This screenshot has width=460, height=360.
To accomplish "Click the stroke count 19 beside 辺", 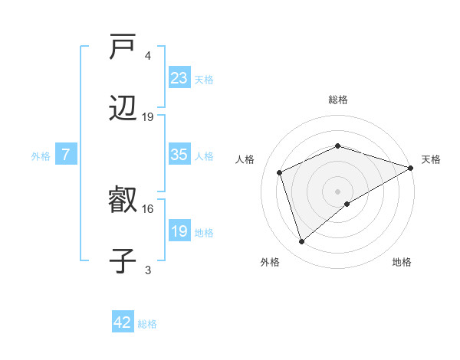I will point(148,117).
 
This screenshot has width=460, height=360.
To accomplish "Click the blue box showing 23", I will point(179,78).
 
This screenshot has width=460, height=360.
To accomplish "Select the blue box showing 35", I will point(179,155).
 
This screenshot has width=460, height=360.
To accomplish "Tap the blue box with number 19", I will point(179,231).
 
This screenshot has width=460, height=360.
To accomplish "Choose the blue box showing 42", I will point(123,322).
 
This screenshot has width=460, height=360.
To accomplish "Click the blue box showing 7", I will point(66,155).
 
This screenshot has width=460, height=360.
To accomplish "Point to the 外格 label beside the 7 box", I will point(41,155).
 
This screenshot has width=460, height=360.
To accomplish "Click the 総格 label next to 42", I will point(147,323).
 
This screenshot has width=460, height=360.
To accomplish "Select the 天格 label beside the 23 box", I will point(204,79).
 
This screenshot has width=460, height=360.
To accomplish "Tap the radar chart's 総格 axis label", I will point(338,100).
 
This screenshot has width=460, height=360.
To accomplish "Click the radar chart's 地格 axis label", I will point(402,263).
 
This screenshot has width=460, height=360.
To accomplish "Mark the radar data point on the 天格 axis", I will point(411,168).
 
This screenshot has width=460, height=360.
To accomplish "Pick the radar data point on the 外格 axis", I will point(302,242).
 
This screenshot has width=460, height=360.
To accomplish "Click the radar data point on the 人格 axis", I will point(280,172).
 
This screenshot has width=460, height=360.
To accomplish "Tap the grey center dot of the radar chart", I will point(338,191).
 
